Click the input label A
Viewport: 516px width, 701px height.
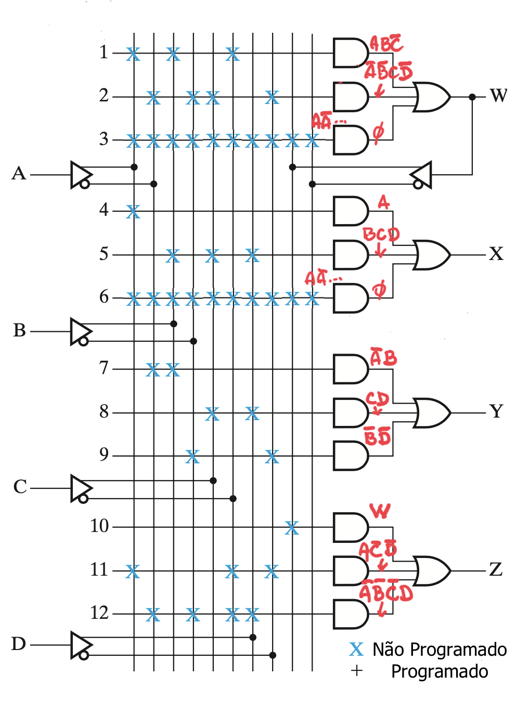(x=19, y=174)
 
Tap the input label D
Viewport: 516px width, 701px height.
(x=19, y=644)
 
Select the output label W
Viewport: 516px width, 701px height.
(x=498, y=96)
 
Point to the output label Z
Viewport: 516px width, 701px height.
(x=496, y=569)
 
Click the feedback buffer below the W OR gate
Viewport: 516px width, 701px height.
(x=421, y=175)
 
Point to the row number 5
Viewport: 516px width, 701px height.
(x=104, y=254)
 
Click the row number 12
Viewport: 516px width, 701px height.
(x=99, y=613)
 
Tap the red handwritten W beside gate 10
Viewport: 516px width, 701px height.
(x=380, y=511)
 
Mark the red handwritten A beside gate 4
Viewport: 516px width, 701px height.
(x=383, y=202)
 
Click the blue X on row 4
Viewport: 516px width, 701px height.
(x=133, y=212)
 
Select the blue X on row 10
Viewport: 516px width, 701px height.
(x=292, y=528)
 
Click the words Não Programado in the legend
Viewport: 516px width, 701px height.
(x=440, y=650)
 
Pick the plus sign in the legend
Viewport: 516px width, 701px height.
(x=356, y=671)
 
